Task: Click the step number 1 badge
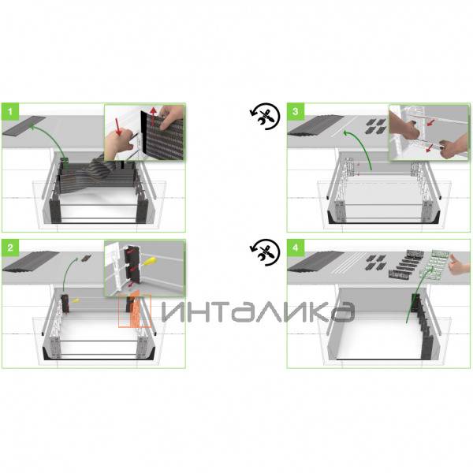[x=10, y=111]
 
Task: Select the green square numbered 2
[x=10, y=248]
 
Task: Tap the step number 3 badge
[x=296, y=111]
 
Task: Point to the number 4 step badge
[x=296, y=248]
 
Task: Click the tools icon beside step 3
[x=265, y=116]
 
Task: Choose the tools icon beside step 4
[x=265, y=252]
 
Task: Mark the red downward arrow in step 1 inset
[x=118, y=127]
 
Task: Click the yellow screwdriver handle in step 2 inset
[x=150, y=261]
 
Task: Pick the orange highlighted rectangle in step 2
[x=135, y=311]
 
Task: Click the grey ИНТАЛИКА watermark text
[x=259, y=311]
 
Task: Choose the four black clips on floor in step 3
[x=376, y=126]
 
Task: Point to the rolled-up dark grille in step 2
[x=31, y=261]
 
